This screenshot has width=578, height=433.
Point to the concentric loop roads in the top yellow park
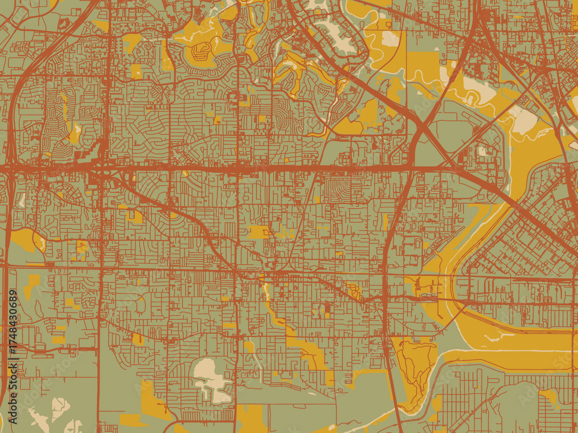pos(201,51)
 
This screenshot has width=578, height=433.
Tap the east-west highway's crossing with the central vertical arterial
pos(237,169)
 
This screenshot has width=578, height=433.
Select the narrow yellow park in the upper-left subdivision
pos(73,133)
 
